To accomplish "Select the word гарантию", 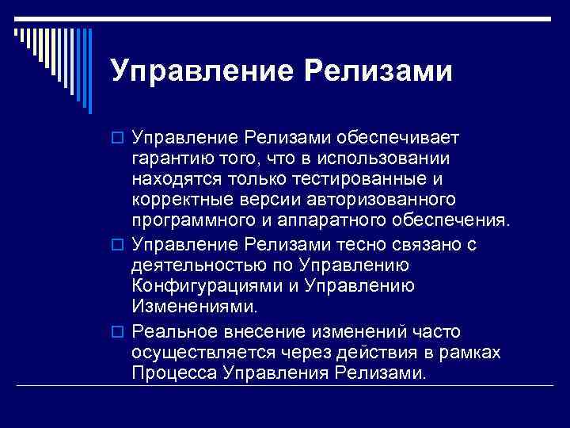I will tap(170, 160).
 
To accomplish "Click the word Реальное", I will tap(169, 331).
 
